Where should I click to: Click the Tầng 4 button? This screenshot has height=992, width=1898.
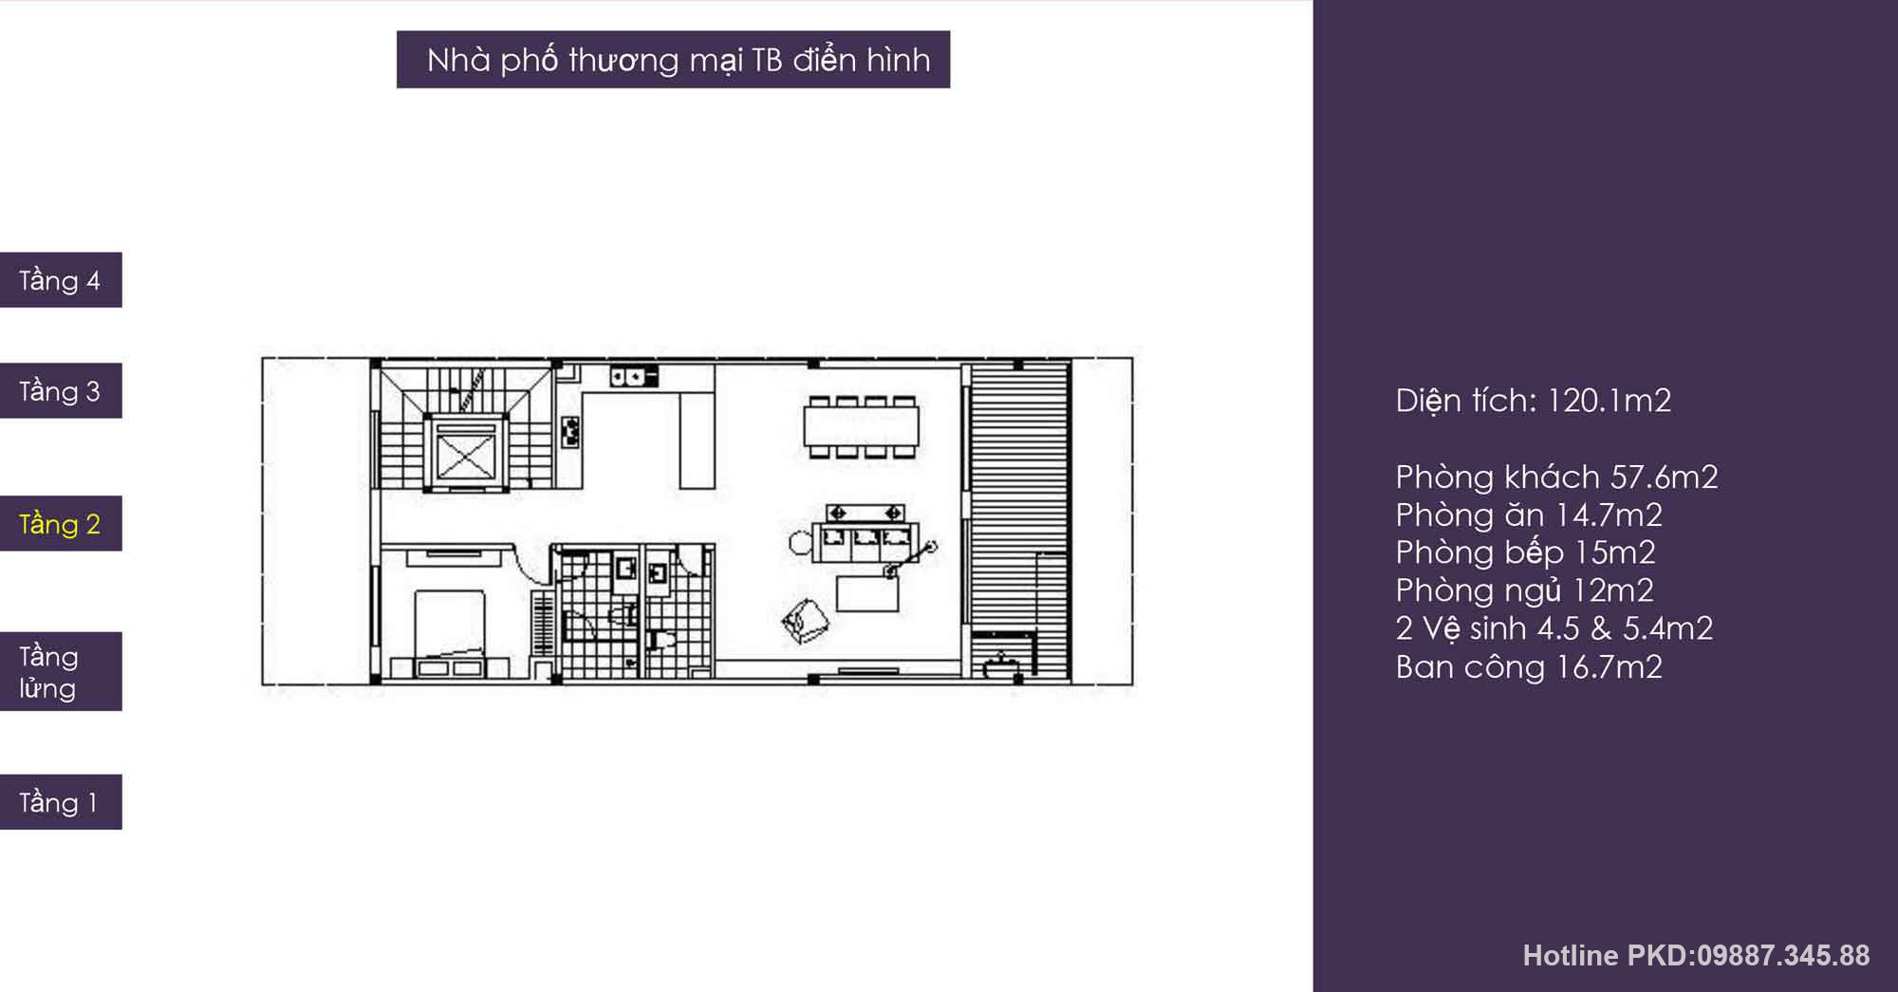(61, 280)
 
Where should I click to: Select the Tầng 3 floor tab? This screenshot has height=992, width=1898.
(61, 390)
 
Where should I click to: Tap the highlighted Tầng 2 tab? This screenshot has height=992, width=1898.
(61, 523)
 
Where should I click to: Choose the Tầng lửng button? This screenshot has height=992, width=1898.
(61, 671)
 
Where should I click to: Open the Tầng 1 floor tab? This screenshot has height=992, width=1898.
(61, 802)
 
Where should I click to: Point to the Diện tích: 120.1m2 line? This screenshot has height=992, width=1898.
(1533, 401)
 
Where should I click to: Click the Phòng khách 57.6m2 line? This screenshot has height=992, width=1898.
(1556, 477)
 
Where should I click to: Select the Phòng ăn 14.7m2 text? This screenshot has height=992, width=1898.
(1529, 515)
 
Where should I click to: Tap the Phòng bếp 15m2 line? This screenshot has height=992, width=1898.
(1525, 552)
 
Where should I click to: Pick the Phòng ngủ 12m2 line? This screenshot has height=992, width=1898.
(1524, 590)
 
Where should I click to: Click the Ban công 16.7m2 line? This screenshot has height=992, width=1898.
(1529, 666)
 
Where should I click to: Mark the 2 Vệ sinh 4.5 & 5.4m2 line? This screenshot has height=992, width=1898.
(1554, 628)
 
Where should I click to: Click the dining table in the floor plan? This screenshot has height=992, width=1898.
(862, 426)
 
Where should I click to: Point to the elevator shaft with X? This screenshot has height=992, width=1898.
(465, 452)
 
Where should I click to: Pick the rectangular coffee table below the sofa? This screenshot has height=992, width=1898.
(867, 592)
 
